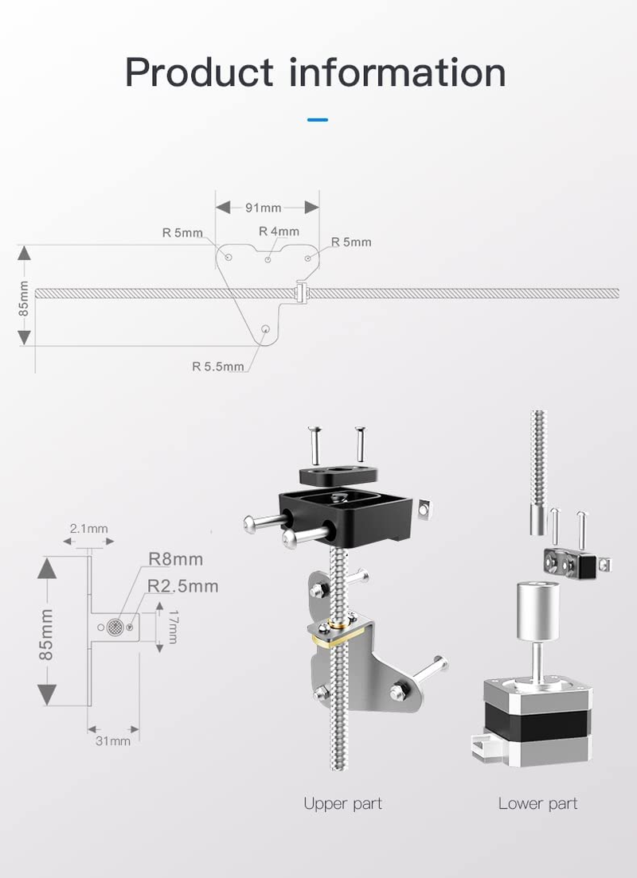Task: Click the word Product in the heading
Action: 199,72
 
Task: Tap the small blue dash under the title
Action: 317,120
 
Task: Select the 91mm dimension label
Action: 263,208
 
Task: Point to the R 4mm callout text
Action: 279,231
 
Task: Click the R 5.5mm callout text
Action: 217,367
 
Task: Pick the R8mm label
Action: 176,559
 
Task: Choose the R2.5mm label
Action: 182,586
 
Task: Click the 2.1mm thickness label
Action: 88,528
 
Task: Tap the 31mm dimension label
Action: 113,741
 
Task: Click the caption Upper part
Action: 342,803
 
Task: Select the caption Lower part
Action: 537,803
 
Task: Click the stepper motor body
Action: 539,716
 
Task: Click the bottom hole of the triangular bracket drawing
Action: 266,330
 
